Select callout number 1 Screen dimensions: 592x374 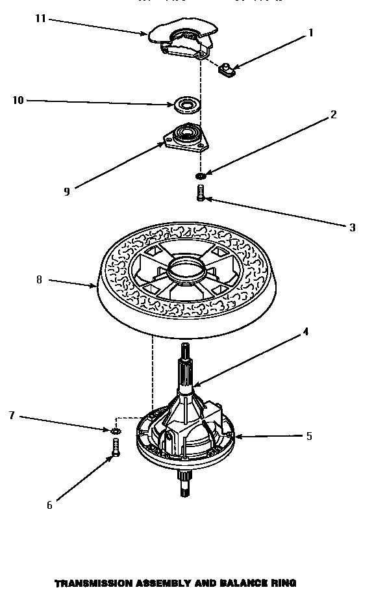(x=310, y=32)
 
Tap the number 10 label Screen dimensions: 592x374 (x=18, y=100)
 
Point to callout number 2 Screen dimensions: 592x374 (x=333, y=115)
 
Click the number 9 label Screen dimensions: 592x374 (x=67, y=190)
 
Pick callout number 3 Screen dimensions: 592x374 (x=352, y=227)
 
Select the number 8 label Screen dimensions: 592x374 (x=39, y=280)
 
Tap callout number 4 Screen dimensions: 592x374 (x=305, y=332)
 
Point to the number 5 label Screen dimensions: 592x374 (x=309, y=436)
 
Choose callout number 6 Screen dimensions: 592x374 (x=49, y=505)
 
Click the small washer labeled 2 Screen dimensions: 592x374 (x=201, y=176)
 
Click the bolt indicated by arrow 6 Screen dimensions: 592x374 (x=115, y=448)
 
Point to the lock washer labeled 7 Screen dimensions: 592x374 (x=116, y=431)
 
